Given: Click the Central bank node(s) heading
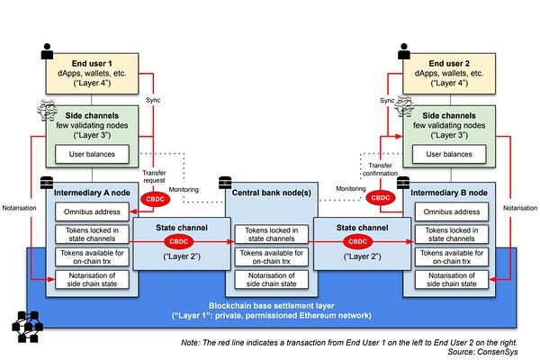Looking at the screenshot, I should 269,193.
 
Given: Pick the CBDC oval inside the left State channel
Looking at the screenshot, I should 177,241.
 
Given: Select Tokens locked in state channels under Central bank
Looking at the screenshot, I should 269,236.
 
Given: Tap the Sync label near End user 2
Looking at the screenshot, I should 389,101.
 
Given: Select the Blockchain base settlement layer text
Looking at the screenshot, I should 269,306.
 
